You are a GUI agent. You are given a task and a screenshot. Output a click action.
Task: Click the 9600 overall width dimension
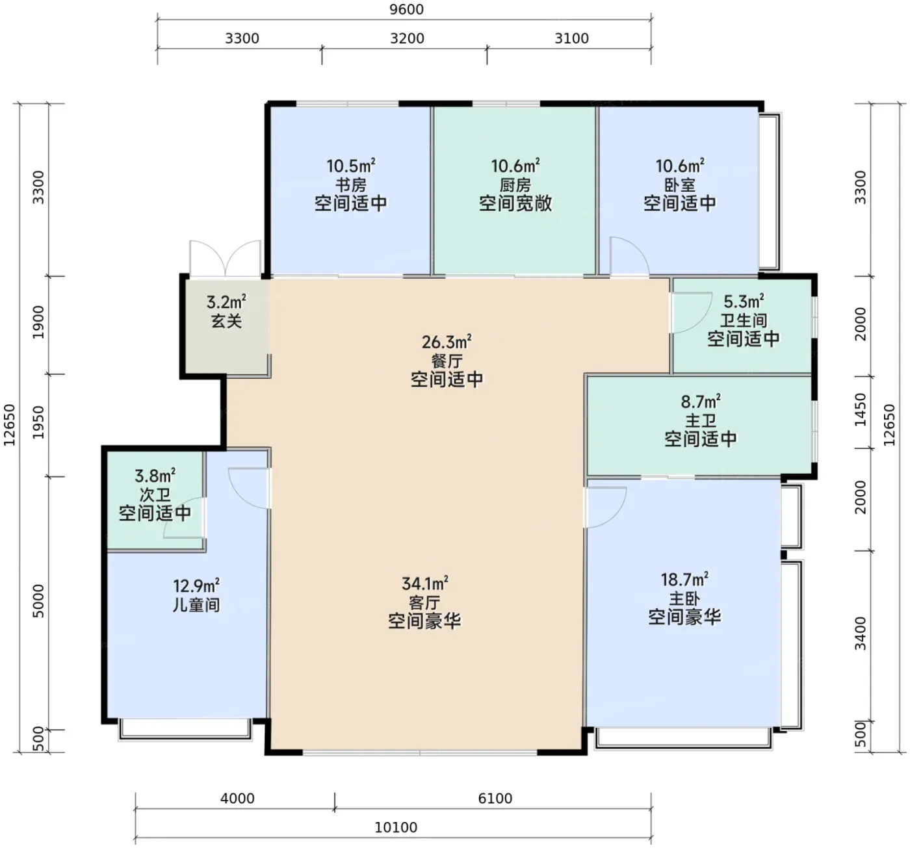406,9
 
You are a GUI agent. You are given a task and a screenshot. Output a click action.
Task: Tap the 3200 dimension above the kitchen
407,38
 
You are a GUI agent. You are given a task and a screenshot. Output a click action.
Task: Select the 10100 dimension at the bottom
396,827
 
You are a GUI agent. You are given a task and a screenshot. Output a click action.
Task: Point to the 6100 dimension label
495,799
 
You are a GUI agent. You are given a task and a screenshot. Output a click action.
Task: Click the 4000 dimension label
237,799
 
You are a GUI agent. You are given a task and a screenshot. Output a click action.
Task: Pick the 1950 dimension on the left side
39,422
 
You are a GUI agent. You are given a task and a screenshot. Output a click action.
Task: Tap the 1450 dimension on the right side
861,409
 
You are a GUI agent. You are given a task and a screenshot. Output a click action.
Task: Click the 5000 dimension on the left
39,601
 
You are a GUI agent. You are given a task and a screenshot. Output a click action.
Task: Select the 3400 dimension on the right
861,634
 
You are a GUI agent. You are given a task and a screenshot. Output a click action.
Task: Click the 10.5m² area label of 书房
351,166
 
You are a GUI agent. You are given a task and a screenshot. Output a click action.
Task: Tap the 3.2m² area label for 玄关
226,302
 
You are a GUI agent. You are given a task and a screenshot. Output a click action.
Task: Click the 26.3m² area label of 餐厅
447,342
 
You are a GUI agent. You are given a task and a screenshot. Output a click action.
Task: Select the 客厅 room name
424,602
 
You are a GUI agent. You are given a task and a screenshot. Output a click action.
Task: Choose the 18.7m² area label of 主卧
684,580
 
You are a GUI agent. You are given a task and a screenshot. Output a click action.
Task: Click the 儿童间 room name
196,605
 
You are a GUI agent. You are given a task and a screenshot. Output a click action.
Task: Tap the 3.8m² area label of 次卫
155,476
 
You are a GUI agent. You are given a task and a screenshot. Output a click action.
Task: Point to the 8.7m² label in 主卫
701,402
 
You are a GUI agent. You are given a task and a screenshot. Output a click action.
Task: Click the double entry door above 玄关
226,259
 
